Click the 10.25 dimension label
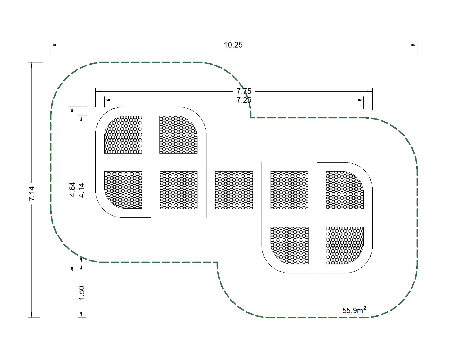(x=233, y=45)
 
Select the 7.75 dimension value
(x=244, y=91)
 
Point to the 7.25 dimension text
(x=244, y=100)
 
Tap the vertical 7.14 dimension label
(x=31, y=193)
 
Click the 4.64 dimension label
(x=72, y=190)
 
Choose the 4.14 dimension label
(x=81, y=190)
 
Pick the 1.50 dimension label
(x=81, y=293)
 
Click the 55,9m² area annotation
(x=354, y=310)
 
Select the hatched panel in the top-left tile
(x=123, y=135)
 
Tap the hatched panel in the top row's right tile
(x=178, y=135)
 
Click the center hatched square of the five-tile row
(x=234, y=190)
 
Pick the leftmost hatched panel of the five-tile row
(x=123, y=190)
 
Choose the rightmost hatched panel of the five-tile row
(x=345, y=190)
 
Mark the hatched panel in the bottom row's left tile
(x=289, y=245)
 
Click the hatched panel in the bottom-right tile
(x=345, y=245)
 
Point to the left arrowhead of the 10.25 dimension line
(x=53, y=45)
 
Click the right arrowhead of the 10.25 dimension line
(x=414, y=45)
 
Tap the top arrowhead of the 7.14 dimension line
(x=31, y=65)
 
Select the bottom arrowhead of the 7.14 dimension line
(x=31, y=315)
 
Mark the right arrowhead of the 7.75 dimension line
(x=370, y=91)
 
